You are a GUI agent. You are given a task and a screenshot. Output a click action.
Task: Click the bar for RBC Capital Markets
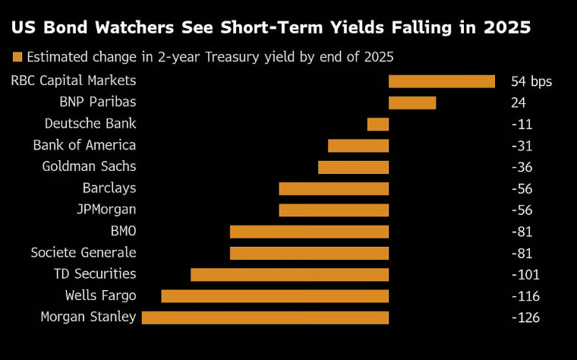[x=441, y=81]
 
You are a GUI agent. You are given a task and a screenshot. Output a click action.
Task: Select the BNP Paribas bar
[x=412, y=103]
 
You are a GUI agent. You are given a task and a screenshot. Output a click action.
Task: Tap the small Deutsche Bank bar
[x=377, y=124]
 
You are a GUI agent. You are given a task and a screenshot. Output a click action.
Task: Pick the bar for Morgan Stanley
[x=265, y=317]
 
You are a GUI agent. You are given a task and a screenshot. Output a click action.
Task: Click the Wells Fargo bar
[x=275, y=295]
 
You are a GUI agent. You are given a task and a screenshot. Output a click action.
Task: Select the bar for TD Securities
[x=289, y=274]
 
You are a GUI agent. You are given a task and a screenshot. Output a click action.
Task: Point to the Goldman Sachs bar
[x=353, y=167]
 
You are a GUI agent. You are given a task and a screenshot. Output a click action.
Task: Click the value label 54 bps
[x=531, y=81]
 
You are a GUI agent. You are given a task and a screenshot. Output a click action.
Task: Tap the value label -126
[x=525, y=317]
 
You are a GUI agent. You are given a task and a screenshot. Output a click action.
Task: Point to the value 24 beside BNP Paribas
[x=519, y=103]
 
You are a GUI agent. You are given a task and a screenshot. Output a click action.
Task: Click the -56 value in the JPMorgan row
[x=522, y=210]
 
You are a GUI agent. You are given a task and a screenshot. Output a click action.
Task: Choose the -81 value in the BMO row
[x=522, y=232]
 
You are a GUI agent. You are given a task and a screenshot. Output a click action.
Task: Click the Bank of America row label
[x=84, y=145]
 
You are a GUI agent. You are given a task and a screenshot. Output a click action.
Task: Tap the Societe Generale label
[x=84, y=253]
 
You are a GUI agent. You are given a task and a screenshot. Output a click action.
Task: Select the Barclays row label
[x=109, y=188]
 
